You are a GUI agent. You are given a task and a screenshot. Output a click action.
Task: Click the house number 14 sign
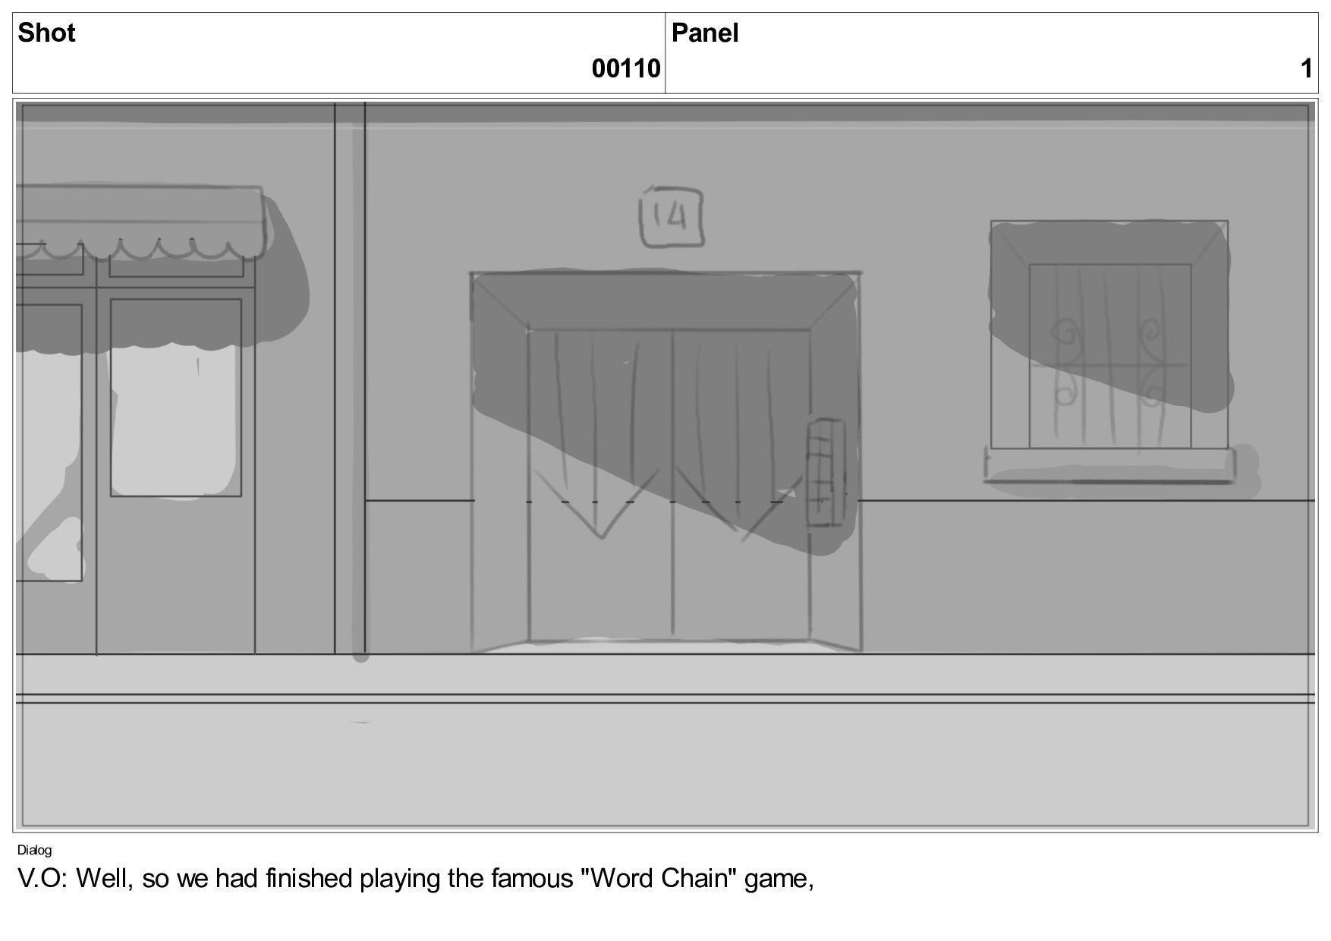672,217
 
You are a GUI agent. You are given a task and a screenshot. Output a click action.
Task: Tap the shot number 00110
626,68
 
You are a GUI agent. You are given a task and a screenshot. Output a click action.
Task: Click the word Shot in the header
46,33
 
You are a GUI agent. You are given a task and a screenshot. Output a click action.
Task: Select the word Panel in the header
705,33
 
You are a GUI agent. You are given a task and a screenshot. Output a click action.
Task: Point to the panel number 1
1306,68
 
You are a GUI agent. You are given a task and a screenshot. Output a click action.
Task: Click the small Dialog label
34,850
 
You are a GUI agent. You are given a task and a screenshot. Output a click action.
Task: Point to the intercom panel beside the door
825,473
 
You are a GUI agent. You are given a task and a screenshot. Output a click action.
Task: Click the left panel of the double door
600,486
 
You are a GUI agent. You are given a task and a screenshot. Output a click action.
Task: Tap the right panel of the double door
741,486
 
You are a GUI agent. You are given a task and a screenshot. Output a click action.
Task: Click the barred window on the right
1109,335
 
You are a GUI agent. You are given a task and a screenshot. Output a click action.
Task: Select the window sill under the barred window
1109,464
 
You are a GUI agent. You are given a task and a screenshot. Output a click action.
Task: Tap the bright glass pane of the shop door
175,421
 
